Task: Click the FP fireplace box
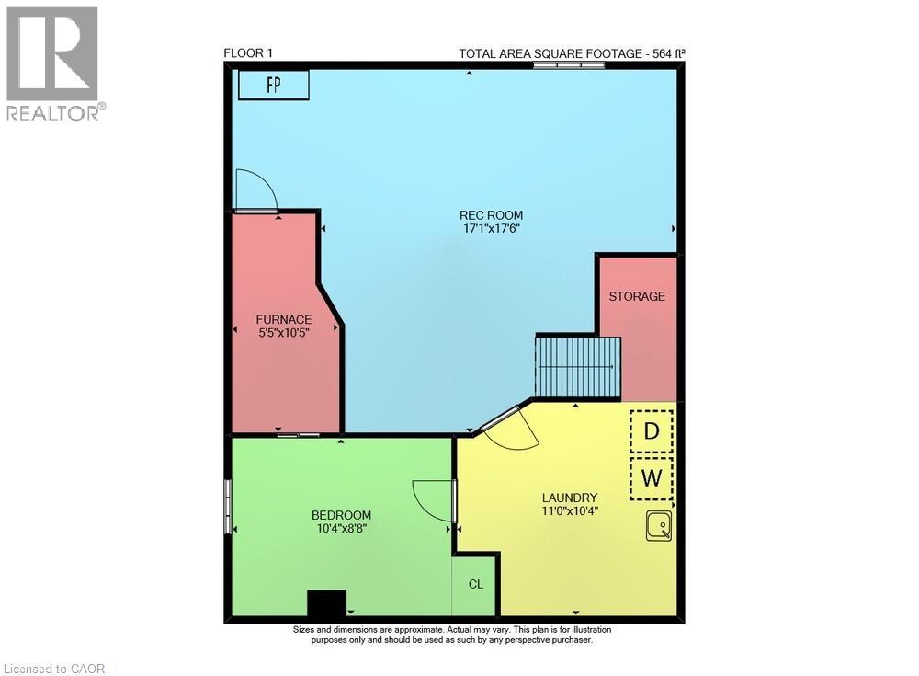(x=273, y=85)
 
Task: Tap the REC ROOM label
(x=492, y=215)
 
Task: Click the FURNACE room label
(x=283, y=319)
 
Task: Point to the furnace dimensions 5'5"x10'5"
(x=283, y=332)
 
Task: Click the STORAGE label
(x=637, y=296)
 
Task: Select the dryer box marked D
(x=652, y=431)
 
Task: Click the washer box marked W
(x=652, y=477)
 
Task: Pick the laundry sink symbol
(x=658, y=526)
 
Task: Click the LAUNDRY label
(x=570, y=498)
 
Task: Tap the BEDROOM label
(x=341, y=515)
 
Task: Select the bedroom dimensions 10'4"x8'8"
(x=341, y=528)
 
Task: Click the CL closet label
(x=475, y=584)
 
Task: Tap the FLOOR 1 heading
(x=248, y=53)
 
